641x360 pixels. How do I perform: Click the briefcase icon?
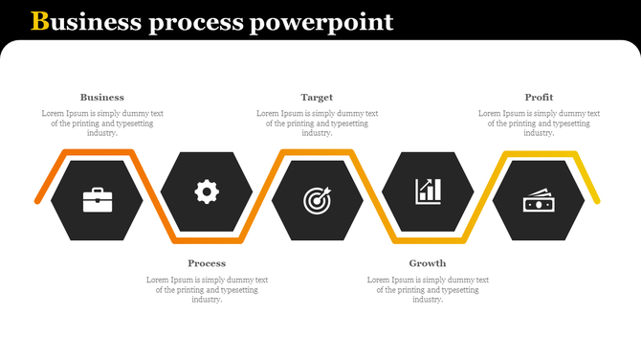click(x=97, y=200)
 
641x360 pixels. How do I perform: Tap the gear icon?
click(x=207, y=191)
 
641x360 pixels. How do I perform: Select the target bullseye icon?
click(x=317, y=200)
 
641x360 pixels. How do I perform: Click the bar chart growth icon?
click(x=428, y=191)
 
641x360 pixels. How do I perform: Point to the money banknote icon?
click(x=538, y=201)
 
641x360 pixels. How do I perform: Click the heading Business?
click(x=102, y=97)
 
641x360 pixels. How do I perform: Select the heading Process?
click(x=207, y=262)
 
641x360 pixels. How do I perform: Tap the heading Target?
click(x=317, y=97)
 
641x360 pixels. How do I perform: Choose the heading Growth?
click(x=428, y=262)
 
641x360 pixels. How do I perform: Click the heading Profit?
click(x=539, y=97)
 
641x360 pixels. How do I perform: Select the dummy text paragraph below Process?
click(x=207, y=289)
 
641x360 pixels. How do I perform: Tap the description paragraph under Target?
click(x=317, y=123)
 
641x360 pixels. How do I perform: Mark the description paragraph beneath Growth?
click(x=428, y=289)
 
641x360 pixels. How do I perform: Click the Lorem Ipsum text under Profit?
click(x=539, y=123)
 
